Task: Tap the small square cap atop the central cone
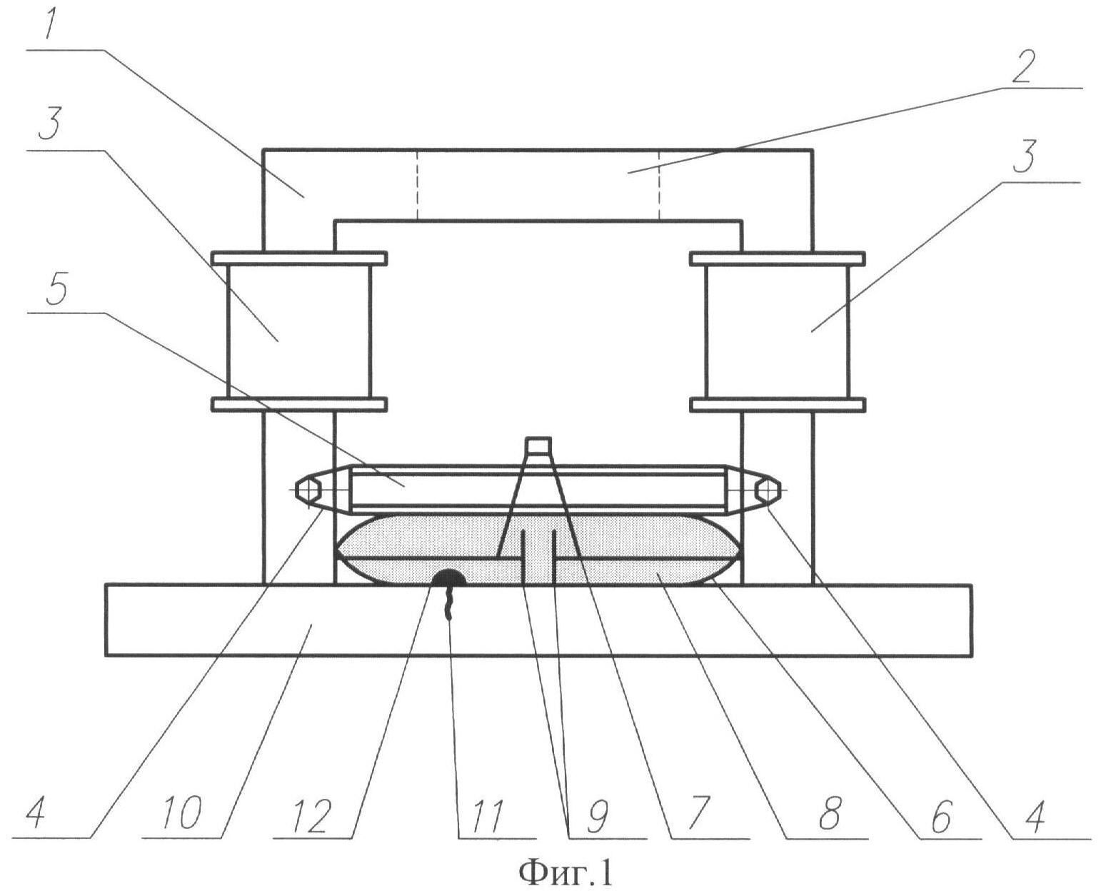click(x=538, y=445)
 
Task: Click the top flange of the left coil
click(x=299, y=258)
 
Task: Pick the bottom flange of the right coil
click(x=778, y=404)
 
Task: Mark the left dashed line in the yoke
click(x=417, y=185)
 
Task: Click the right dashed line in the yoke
click(x=659, y=185)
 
